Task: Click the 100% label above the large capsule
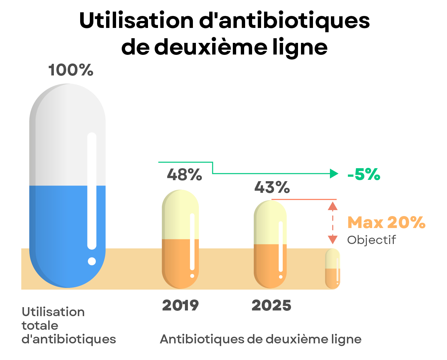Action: (x=71, y=70)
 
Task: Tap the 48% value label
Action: (x=184, y=175)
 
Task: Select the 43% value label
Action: (x=272, y=187)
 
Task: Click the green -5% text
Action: (x=364, y=175)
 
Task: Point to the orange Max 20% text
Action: (x=386, y=223)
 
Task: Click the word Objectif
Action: (x=372, y=240)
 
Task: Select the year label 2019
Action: (x=180, y=305)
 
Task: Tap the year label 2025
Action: (x=271, y=305)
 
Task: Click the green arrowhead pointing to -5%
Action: (x=334, y=174)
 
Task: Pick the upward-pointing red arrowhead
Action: (x=333, y=206)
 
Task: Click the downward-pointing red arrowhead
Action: (x=333, y=239)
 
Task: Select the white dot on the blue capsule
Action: (x=92, y=261)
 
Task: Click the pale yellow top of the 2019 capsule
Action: (x=176, y=216)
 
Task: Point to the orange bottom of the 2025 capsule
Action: (x=266, y=266)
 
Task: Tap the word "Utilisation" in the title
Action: (x=137, y=21)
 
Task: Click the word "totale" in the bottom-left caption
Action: (x=40, y=326)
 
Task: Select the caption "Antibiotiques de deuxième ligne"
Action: (x=260, y=339)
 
